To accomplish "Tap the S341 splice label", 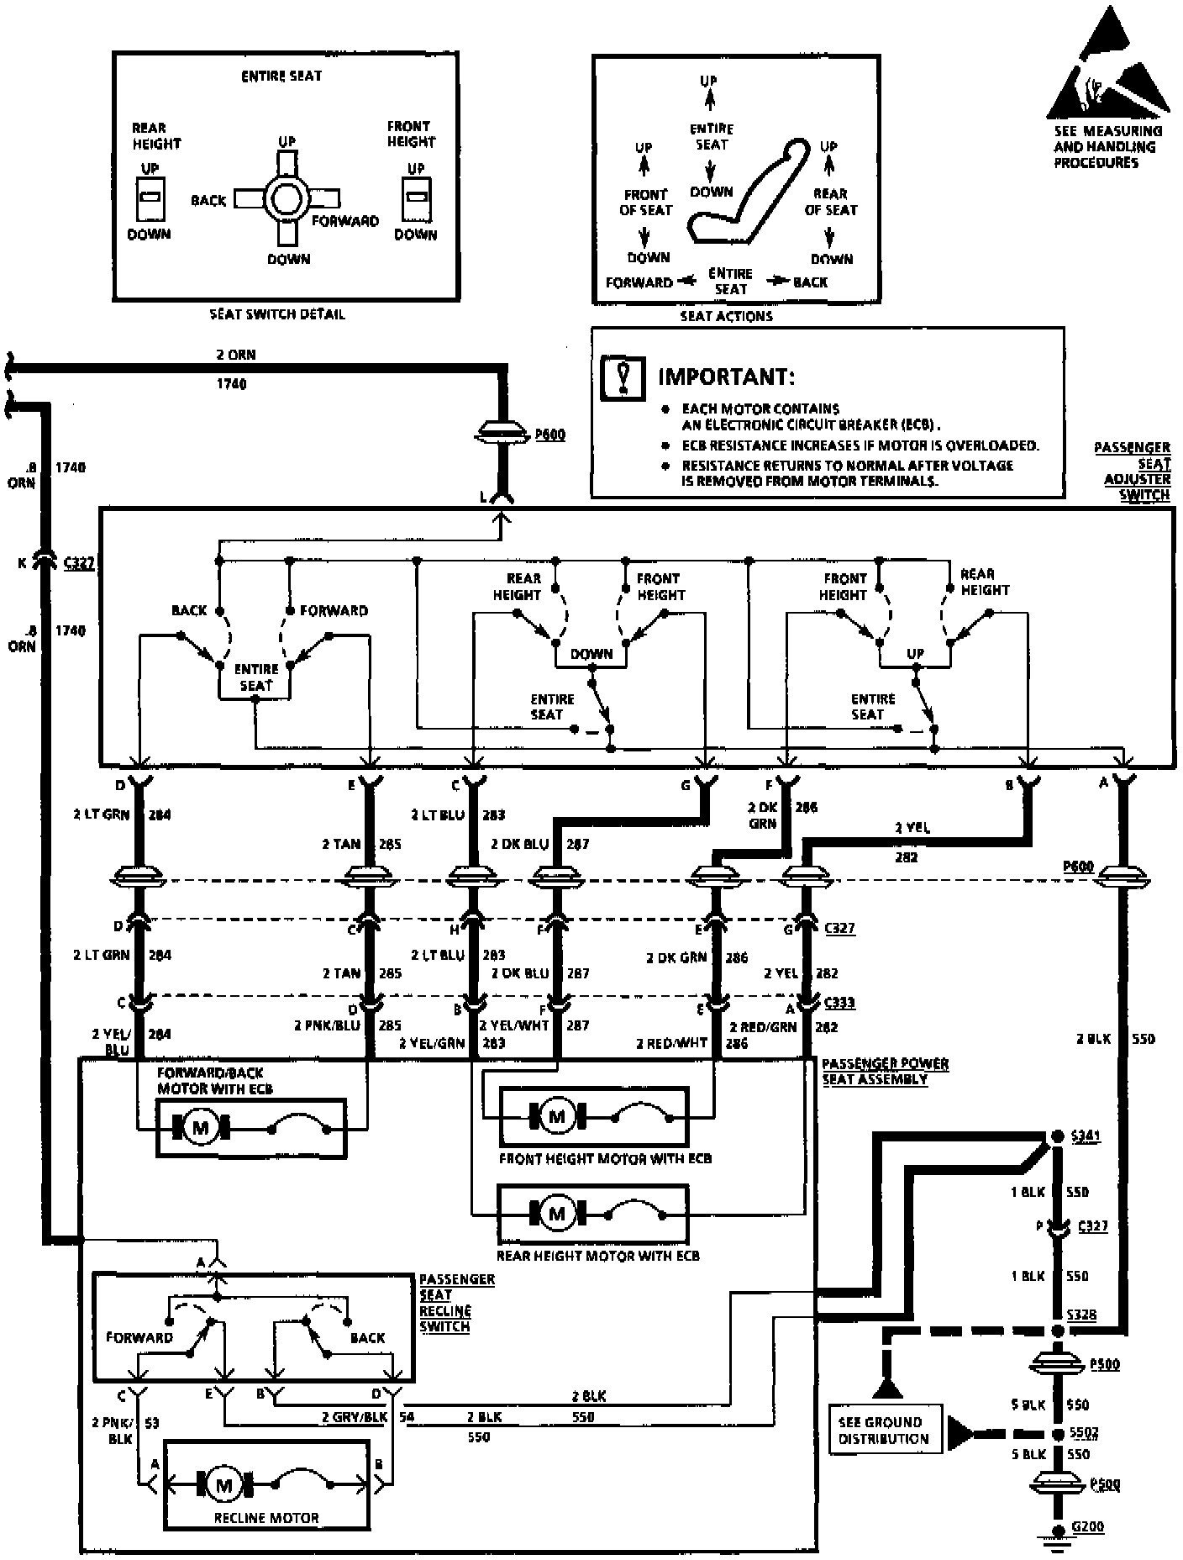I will [1085, 1136].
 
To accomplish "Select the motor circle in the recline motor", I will [223, 1485].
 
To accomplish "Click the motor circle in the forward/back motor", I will [200, 1127].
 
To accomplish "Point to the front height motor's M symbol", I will [556, 1116].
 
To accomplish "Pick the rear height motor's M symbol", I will [556, 1214].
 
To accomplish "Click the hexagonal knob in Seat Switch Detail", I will [287, 199].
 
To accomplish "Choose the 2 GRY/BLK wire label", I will [354, 1417].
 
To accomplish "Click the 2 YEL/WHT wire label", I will [513, 1025].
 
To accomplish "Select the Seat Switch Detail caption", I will [277, 314].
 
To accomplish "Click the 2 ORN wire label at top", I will [235, 355].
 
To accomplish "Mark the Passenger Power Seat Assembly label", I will [885, 1071].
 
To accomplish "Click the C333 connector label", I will [839, 1002].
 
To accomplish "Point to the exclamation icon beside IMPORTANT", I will [623, 377].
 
